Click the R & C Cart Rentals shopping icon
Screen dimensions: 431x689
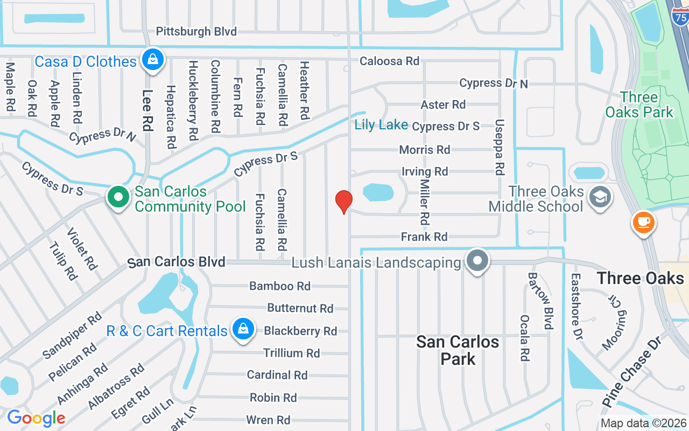click(243, 329)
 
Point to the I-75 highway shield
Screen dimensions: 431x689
click(680, 17)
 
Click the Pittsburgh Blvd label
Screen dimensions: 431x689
click(196, 31)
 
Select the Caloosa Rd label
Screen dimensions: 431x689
click(389, 61)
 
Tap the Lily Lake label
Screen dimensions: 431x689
click(381, 125)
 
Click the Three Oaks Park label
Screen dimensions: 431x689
click(639, 105)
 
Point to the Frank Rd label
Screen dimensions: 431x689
click(424, 237)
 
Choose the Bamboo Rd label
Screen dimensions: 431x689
click(280, 286)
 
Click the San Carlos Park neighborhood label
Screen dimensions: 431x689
click(458, 350)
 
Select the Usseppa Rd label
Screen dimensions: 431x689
click(500, 147)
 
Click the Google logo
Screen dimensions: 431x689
click(36, 418)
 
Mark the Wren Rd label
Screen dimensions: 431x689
click(268, 420)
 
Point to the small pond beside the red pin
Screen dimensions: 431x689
click(378, 192)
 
